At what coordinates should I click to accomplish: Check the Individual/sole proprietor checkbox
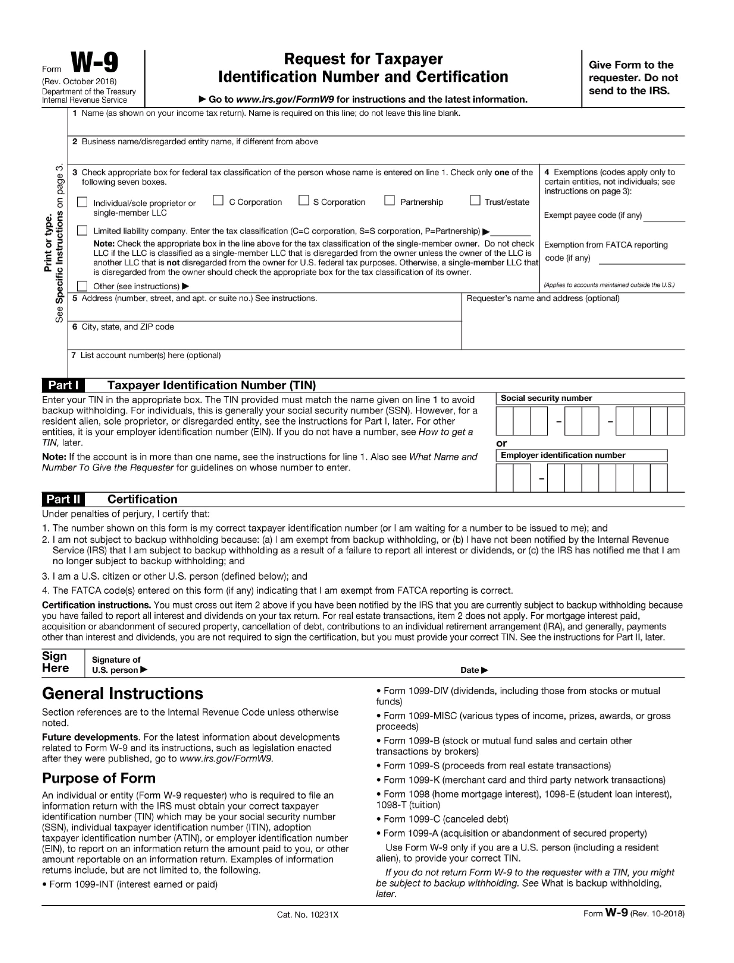82,202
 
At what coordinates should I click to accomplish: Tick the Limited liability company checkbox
82,231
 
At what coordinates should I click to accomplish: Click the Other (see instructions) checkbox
82,286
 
